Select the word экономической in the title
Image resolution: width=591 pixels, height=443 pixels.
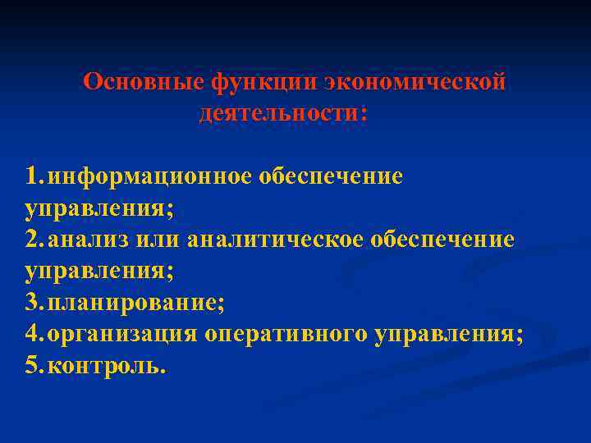(x=414, y=82)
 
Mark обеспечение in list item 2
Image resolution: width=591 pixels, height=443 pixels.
(x=442, y=239)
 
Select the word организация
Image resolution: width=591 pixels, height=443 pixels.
(x=122, y=334)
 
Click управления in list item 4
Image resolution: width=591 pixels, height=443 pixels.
(x=448, y=334)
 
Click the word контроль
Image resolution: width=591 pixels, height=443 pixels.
(x=106, y=365)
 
